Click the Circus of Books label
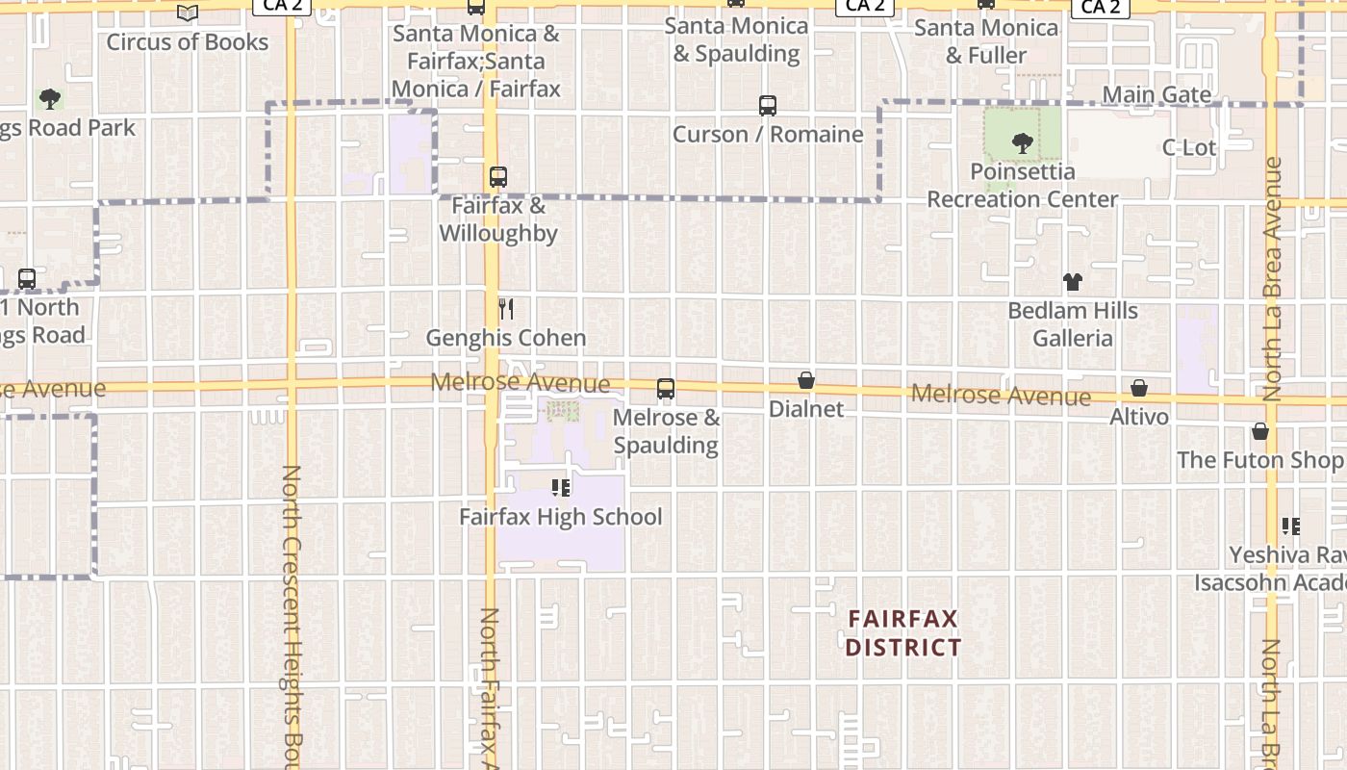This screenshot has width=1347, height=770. pos(187,42)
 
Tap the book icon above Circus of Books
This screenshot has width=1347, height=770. pos(188,13)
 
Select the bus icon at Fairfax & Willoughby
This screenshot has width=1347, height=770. pos(497,177)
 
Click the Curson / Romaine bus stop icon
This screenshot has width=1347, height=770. pos(767,106)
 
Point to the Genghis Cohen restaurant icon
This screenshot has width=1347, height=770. pos(506,309)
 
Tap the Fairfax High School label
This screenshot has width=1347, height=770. pos(560,517)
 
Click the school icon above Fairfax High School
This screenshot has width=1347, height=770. pos(561,488)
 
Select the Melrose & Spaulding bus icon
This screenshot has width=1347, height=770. pos(665,389)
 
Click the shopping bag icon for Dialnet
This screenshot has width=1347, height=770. pos(806,381)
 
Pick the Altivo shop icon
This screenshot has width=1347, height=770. pos(1139,388)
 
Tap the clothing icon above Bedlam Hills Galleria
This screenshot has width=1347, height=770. pos(1073,282)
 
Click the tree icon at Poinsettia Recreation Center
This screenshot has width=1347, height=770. pos(1022,144)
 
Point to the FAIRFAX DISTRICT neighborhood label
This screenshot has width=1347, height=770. pos(902,632)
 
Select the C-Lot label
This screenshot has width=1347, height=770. pos(1189,147)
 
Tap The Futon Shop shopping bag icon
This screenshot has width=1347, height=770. pos(1260,431)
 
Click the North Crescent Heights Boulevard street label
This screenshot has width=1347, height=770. pos(292,616)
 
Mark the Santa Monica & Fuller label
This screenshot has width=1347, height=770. pos(985,41)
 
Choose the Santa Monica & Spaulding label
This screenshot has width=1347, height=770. pos(736,39)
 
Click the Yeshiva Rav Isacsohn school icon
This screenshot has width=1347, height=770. pos(1290,526)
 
